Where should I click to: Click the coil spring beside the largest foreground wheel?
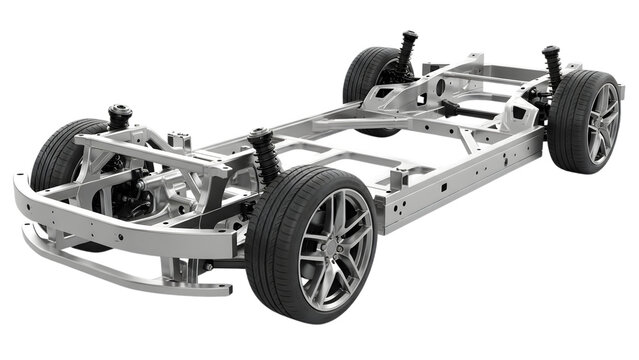coord(266,158)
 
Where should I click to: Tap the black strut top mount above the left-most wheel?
coord(120,112)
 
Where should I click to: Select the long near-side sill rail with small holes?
coord(460,175)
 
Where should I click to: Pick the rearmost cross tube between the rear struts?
coord(490,73)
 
